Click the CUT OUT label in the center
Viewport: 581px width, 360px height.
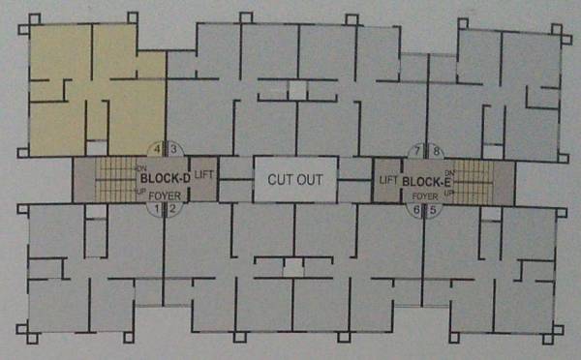tap(294, 180)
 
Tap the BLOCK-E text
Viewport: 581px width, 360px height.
tap(422, 181)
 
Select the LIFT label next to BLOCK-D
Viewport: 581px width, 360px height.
tap(203, 174)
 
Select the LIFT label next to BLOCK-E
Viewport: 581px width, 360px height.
tap(389, 181)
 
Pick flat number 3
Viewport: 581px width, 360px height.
tap(173, 149)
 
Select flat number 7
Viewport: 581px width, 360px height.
tap(417, 151)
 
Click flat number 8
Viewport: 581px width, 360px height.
tap(436, 151)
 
